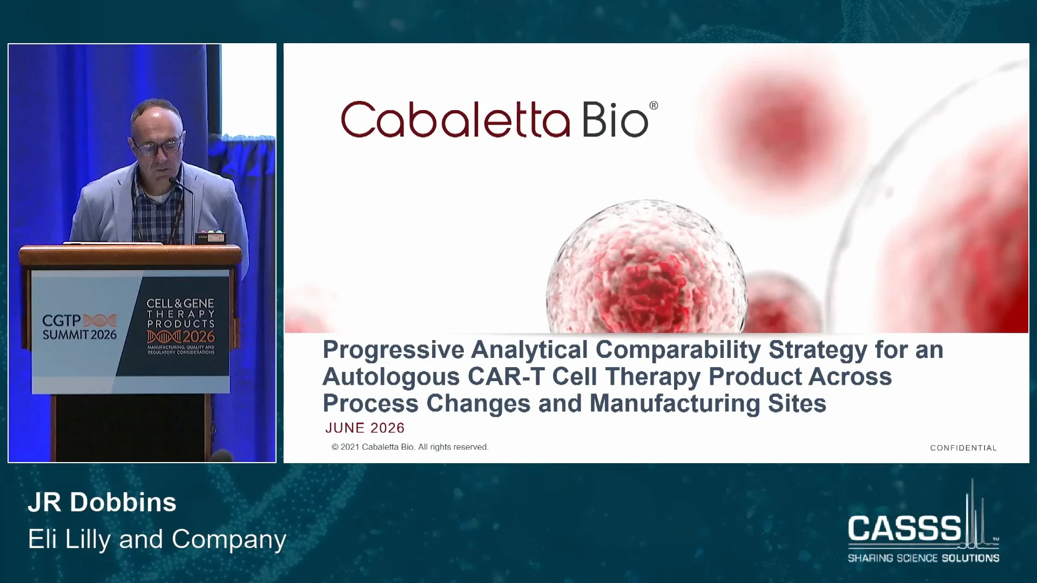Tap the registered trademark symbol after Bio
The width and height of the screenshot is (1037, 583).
point(654,106)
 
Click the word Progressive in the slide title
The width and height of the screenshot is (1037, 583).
point(393,350)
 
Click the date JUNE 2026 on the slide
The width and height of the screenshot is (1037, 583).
point(365,428)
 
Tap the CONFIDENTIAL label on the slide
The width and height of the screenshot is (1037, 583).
point(964,448)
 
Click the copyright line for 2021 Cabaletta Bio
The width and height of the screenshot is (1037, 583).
point(410,447)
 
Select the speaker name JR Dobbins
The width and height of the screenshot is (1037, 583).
point(102,502)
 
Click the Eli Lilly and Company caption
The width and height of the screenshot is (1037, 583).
point(157,539)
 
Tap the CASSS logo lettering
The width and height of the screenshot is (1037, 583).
point(905,528)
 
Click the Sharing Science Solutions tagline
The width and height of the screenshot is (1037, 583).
point(924,558)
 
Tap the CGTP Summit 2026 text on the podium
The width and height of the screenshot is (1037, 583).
point(79,327)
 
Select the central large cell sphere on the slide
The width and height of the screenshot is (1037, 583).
point(647,267)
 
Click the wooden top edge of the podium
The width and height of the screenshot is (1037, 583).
point(130,249)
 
